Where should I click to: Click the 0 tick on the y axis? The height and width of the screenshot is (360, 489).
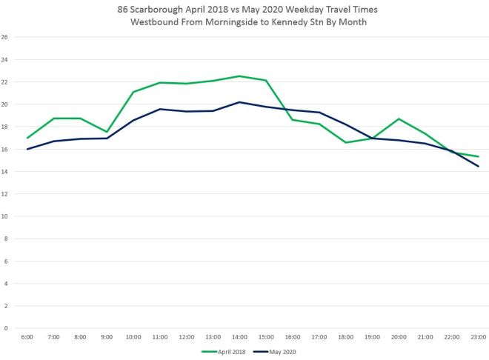tap(6, 328)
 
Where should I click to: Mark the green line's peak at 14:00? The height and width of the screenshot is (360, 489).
tap(239, 76)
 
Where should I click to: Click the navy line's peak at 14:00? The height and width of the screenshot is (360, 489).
tap(239, 102)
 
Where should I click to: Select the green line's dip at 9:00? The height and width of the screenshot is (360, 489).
tap(107, 132)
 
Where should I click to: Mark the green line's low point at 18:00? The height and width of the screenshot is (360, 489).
tap(345, 142)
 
